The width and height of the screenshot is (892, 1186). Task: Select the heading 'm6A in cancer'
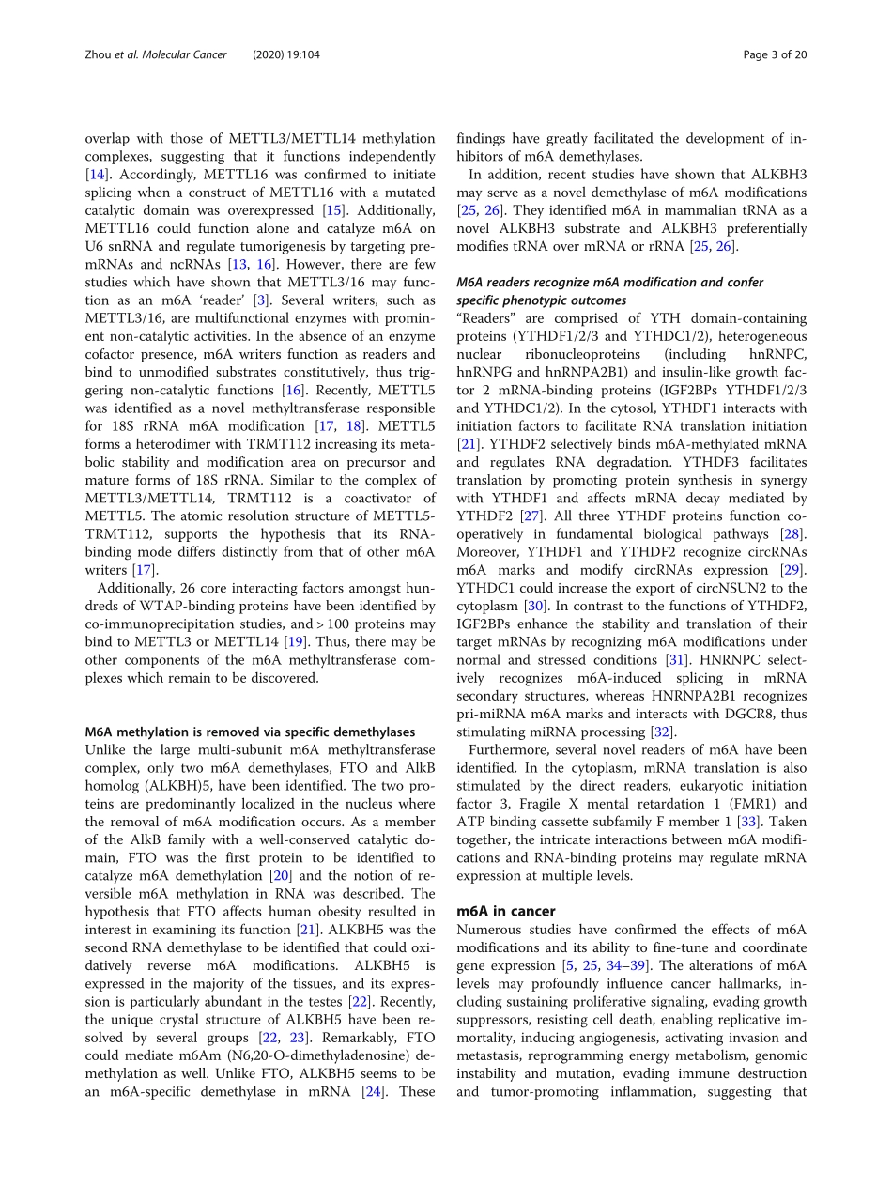505,911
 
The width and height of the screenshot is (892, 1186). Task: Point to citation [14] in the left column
95,175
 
